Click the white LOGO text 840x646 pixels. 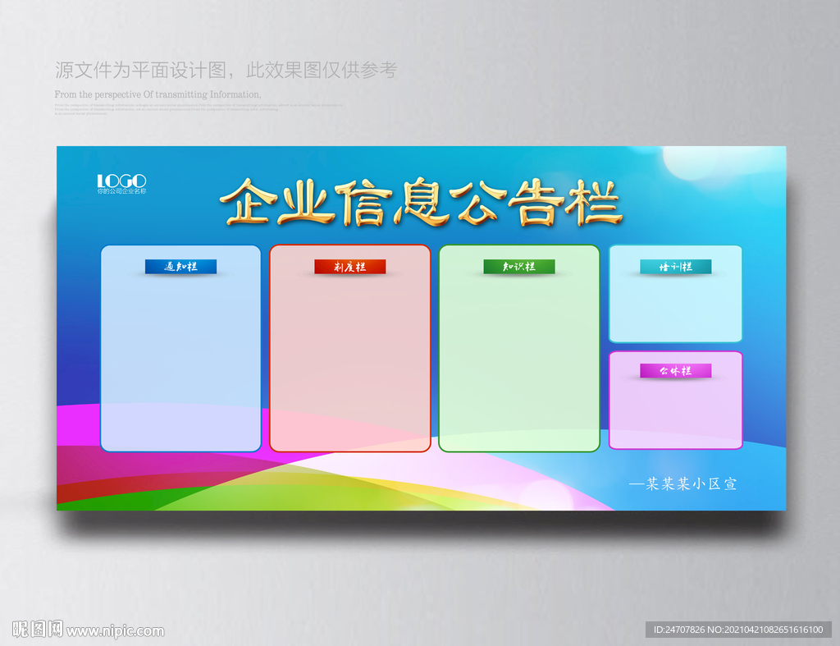click(x=121, y=181)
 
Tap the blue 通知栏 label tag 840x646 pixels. click(x=180, y=267)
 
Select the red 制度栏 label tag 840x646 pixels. click(x=349, y=267)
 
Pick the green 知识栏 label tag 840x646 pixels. click(x=518, y=267)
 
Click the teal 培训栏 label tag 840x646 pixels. click(x=675, y=267)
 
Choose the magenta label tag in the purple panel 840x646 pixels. click(x=675, y=371)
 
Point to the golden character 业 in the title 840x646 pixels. click(x=304, y=201)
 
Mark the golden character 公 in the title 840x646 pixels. click(x=481, y=202)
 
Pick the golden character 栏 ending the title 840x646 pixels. click(x=596, y=202)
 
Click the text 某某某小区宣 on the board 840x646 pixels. click(x=683, y=484)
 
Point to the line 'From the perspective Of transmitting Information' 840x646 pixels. click(x=157, y=94)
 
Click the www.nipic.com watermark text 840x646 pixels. click(x=115, y=631)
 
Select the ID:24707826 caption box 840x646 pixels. click(x=735, y=630)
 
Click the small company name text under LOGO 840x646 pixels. click(x=121, y=191)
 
